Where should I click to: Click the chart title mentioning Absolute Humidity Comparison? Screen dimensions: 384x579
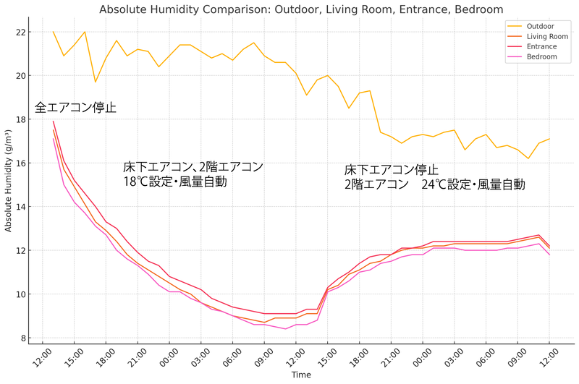300,9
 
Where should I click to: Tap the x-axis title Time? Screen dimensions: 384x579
301,375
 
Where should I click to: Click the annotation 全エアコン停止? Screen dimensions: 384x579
75,108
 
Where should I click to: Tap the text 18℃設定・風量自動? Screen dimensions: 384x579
175,182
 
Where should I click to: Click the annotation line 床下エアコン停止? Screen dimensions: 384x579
391,170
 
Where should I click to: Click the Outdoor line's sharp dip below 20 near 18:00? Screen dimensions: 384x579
96,82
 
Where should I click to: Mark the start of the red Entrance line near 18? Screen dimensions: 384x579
54,121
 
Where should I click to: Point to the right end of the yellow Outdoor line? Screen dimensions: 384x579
550,139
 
